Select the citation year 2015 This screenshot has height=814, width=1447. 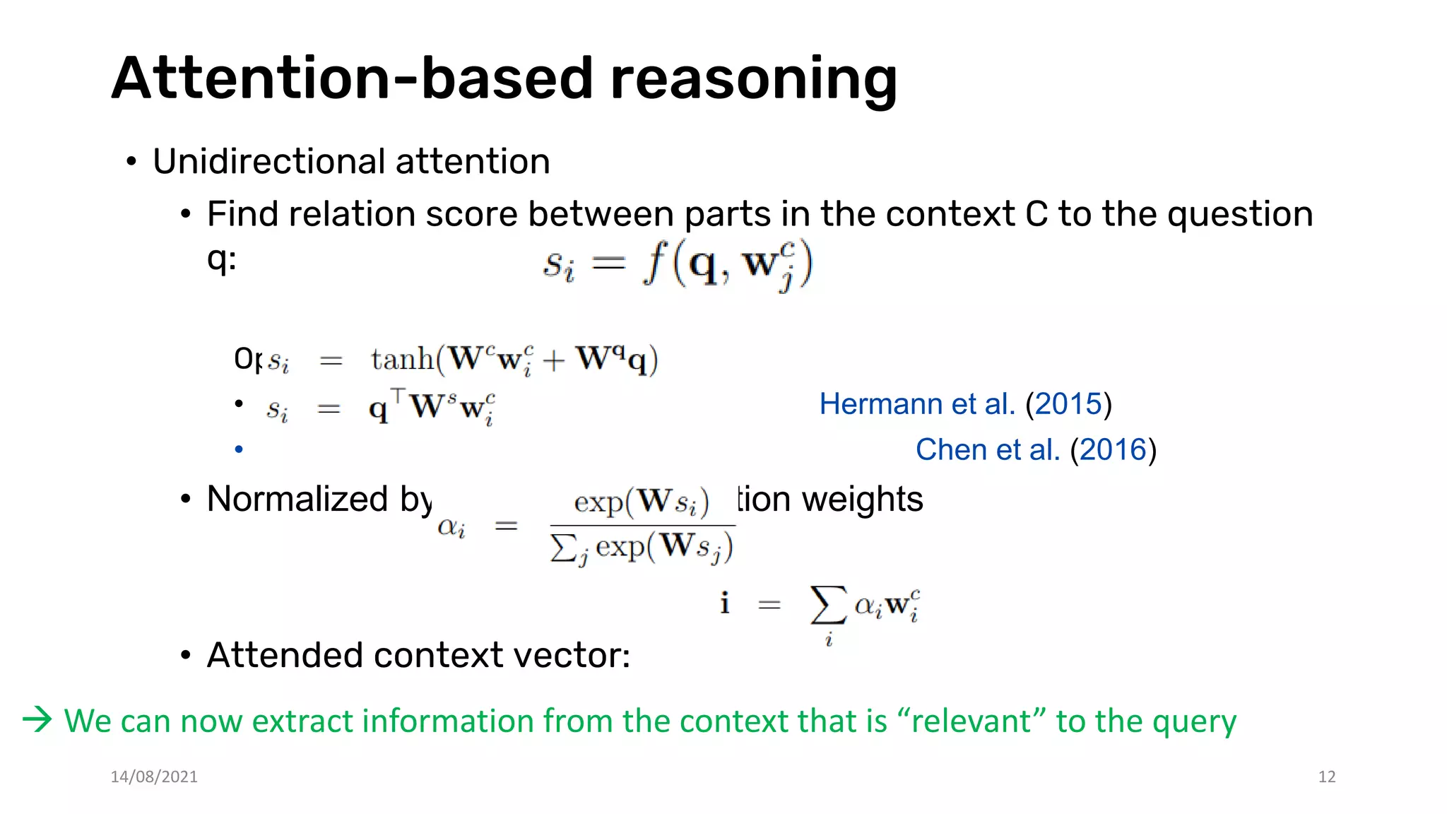click(1068, 404)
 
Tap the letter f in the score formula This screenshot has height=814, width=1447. click(656, 264)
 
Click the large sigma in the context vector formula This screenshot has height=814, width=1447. click(828, 605)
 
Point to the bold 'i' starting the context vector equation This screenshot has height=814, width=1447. click(725, 603)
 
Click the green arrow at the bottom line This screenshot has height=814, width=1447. click(37, 720)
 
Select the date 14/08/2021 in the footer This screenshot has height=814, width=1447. click(154, 777)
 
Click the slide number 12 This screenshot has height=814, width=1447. click(1326, 777)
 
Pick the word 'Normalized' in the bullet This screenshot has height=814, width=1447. click(297, 500)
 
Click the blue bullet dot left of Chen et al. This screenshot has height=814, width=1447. click(239, 449)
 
